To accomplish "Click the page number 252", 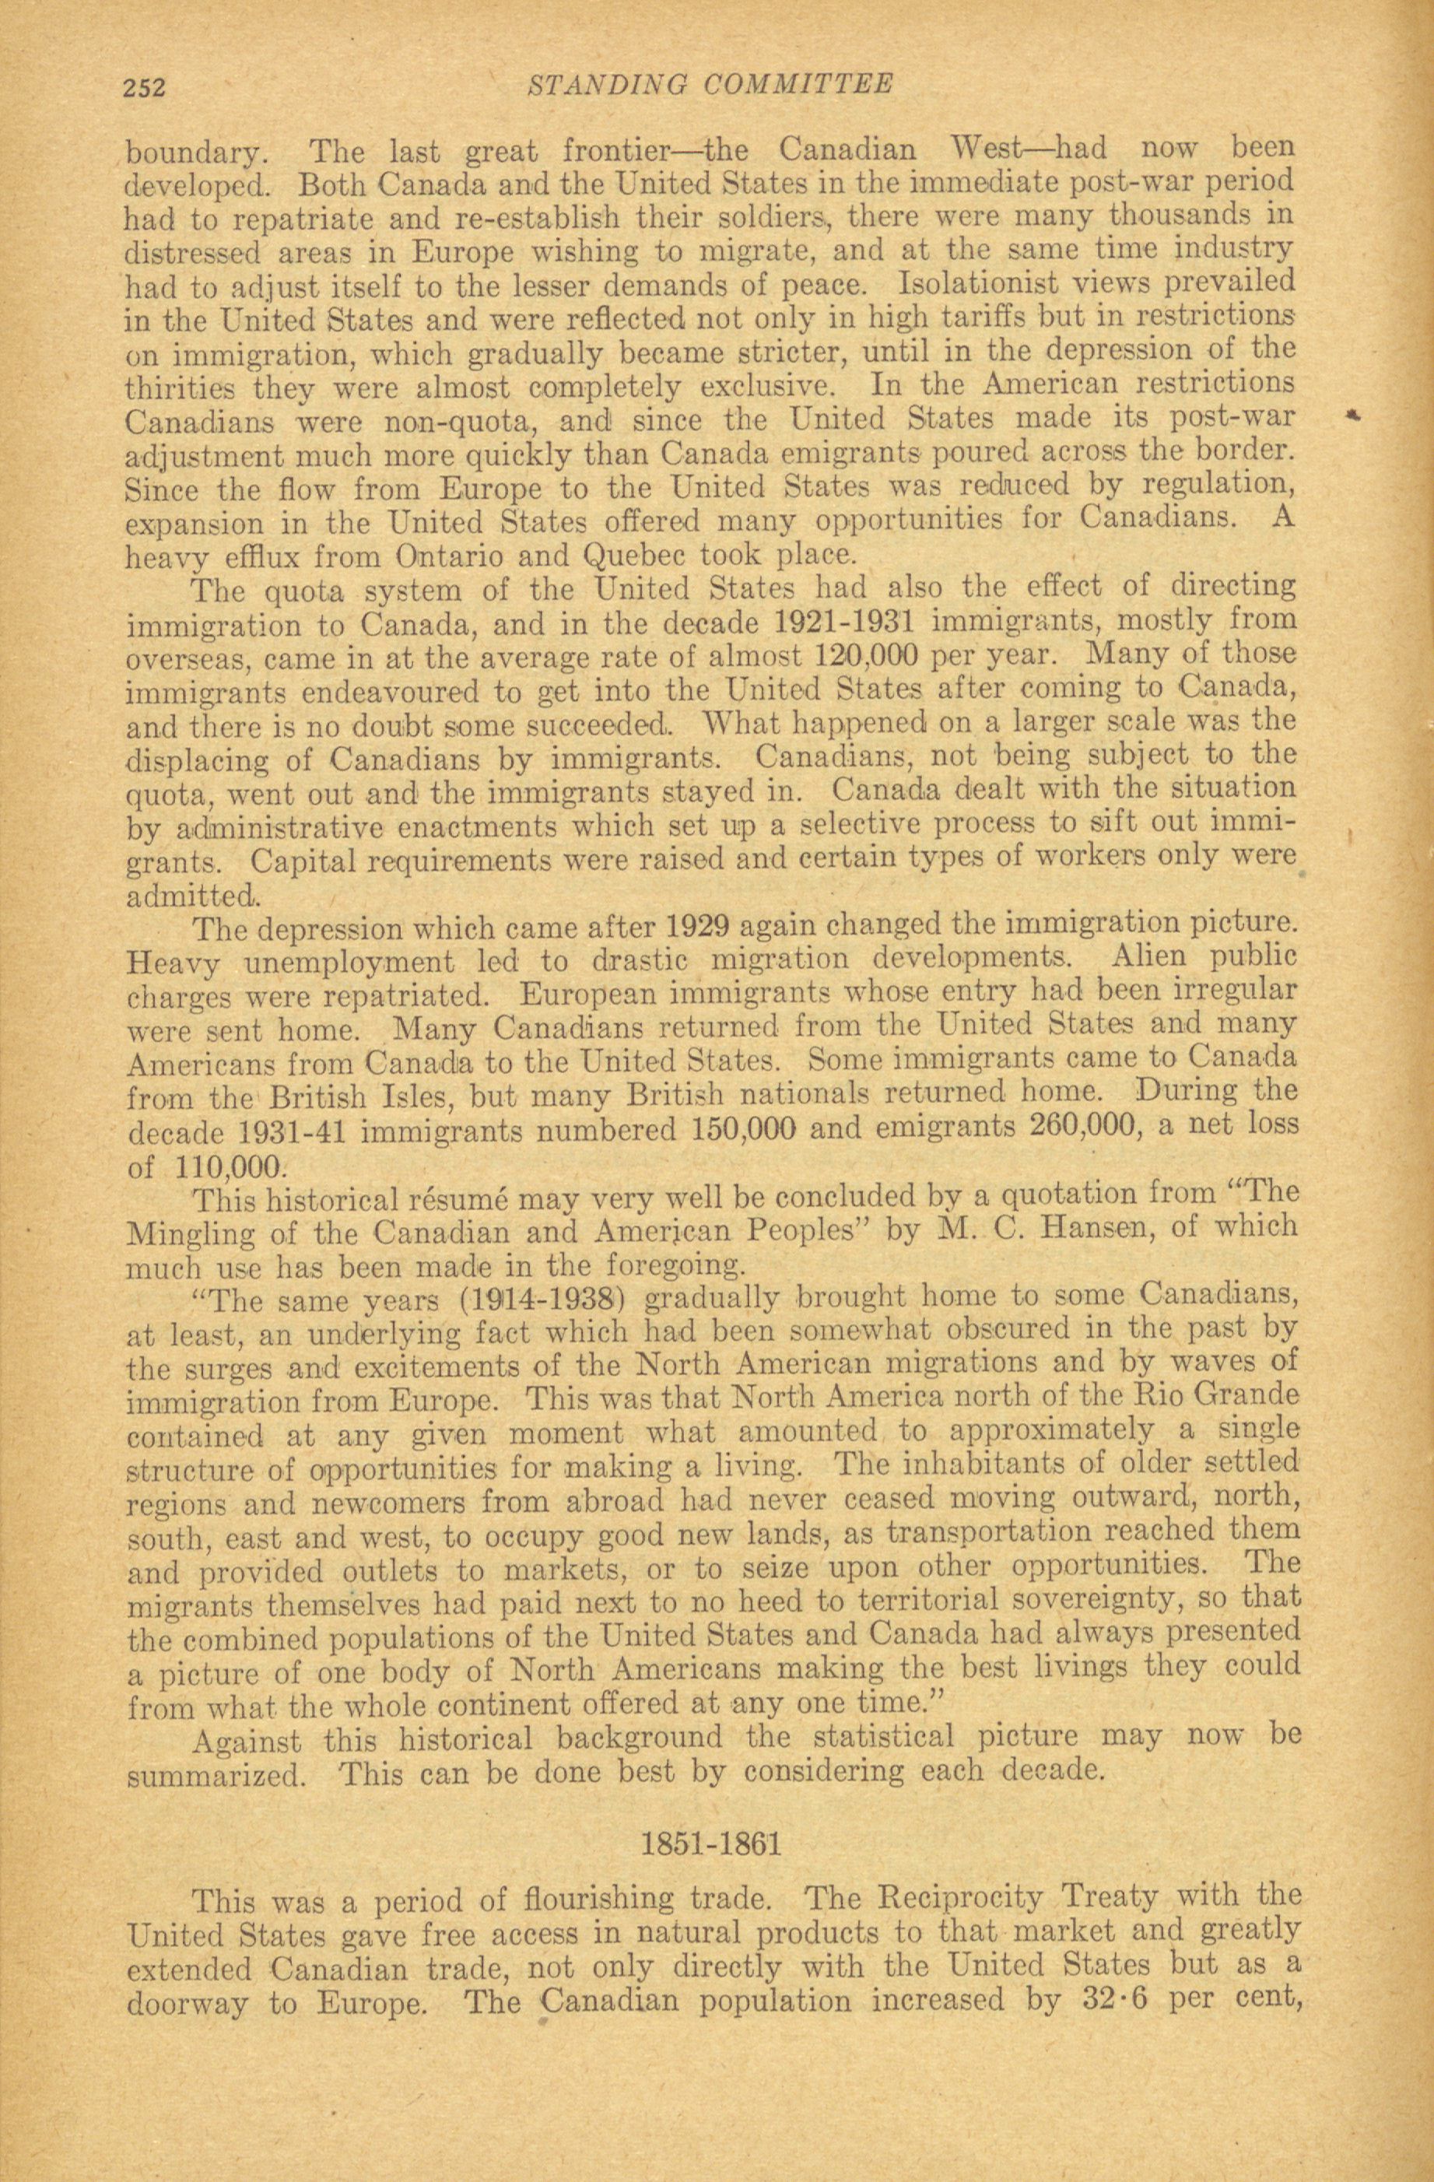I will [144, 88].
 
